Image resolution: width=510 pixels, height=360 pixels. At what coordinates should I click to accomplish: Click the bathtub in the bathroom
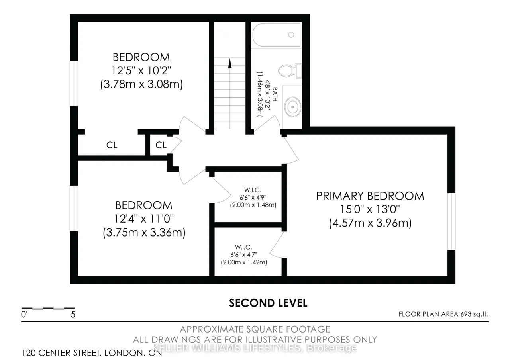point(277,35)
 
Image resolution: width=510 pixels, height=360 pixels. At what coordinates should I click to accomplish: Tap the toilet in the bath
point(290,70)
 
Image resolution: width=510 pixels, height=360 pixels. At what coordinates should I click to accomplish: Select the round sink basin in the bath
point(292,107)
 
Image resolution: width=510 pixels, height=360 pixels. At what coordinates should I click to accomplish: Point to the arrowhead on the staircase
point(230,63)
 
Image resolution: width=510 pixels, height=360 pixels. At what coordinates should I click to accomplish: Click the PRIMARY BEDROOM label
point(370,196)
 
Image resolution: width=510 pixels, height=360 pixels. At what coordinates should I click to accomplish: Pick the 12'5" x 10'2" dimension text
point(141,70)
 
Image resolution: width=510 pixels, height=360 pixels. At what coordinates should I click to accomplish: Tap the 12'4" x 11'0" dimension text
point(144,219)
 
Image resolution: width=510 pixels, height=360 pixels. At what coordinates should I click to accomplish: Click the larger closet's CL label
point(112,145)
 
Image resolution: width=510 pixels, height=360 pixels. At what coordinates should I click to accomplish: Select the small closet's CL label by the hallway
point(161,145)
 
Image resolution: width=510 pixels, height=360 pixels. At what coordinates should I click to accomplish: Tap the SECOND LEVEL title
point(268,303)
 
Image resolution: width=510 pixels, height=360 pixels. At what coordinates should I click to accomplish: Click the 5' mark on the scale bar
point(74,315)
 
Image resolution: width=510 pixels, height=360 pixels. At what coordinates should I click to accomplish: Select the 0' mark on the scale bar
point(24,315)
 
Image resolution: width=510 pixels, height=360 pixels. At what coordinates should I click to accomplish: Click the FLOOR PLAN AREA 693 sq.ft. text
point(443,314)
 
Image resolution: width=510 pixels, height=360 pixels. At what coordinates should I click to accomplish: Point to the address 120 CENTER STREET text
point(61,353)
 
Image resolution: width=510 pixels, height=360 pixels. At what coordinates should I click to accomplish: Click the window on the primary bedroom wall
point(451,221)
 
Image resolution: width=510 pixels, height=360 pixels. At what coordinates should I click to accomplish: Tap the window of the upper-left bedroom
point(74,83)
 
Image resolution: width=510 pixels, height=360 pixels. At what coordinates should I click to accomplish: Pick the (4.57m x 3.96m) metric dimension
point(370,223)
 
